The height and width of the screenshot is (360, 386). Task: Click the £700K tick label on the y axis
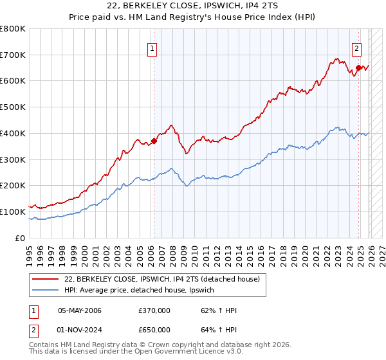pos(13,55)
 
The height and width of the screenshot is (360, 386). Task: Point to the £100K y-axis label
pos(13,212)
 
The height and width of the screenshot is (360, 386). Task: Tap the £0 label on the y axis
pos(21,238)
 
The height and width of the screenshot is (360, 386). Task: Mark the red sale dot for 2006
pos(154,141)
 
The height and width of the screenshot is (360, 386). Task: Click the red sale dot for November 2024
pos(358,67)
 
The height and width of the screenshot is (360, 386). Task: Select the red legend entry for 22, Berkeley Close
pos(161,279)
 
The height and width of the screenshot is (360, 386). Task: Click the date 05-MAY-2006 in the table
pos(80,310)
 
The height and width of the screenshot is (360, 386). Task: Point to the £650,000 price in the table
pos(154,331)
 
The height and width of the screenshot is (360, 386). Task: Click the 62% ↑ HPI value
pos(219,310)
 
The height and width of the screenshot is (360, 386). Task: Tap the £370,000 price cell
pos(154,310)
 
